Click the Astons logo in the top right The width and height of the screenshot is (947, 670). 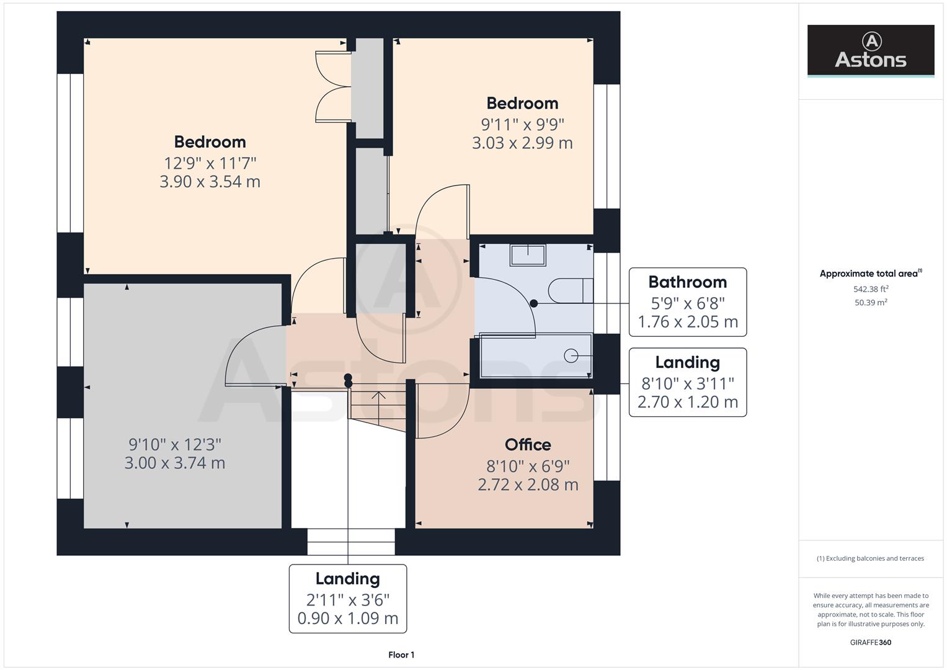870,51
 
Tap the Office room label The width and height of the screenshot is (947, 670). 528,445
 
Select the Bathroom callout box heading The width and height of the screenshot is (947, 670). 687,282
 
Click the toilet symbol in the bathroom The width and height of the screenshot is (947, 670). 571,290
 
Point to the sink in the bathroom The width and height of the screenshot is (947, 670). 528,255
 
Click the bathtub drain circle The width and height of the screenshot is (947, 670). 571,355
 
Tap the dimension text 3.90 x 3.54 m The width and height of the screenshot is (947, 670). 210,182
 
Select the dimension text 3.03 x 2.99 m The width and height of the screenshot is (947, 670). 522,143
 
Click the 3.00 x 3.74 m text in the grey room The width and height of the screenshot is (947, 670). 175,463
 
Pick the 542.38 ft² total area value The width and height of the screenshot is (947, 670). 870,289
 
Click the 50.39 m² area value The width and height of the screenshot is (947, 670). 870,303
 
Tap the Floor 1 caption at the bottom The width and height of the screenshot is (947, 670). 401,654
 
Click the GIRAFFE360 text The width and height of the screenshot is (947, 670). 870,643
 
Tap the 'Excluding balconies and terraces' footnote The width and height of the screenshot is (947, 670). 870,558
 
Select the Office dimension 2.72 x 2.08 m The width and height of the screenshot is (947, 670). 528,485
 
